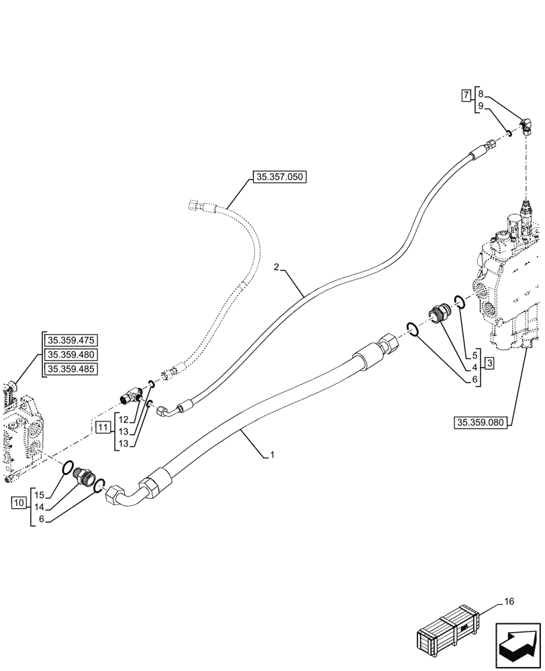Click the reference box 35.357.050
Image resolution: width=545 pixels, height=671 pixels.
[279, 178]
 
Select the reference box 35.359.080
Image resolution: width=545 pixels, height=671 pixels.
[481, 422]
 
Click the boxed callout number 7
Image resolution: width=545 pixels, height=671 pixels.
[466, 95]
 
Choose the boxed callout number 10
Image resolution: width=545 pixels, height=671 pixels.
[18, 502]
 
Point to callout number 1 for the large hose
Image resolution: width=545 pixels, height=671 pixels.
[272, 455]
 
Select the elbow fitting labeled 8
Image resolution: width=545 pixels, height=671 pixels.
[526, 123]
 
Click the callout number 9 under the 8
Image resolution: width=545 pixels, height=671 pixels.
[481, 106]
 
